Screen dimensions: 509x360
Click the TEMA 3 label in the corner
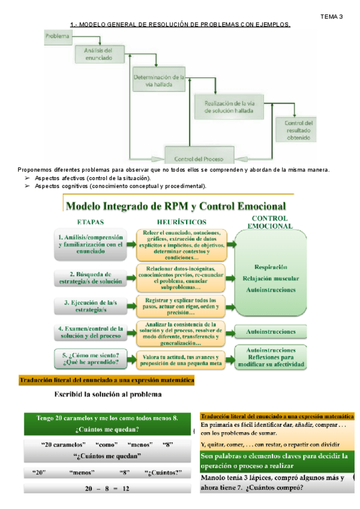click(x=332, y=16)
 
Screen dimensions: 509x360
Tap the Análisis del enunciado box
click(x=95, y=55)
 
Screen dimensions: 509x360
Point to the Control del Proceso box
click(x=198, y=159)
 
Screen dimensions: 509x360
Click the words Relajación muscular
click(x=270, y=278)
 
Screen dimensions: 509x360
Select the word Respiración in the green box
click(x=270, y=267)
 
